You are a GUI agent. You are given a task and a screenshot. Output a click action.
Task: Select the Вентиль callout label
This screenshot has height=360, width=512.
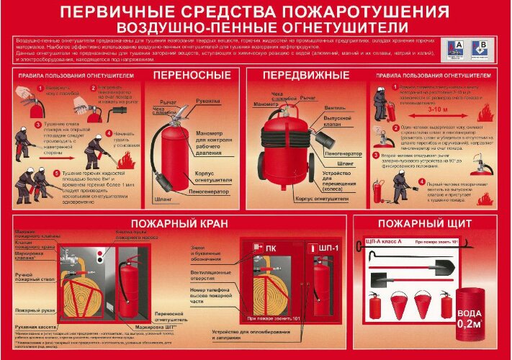click(334, 107)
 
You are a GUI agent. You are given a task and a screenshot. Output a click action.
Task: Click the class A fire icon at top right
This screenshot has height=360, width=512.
click(455, 48)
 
